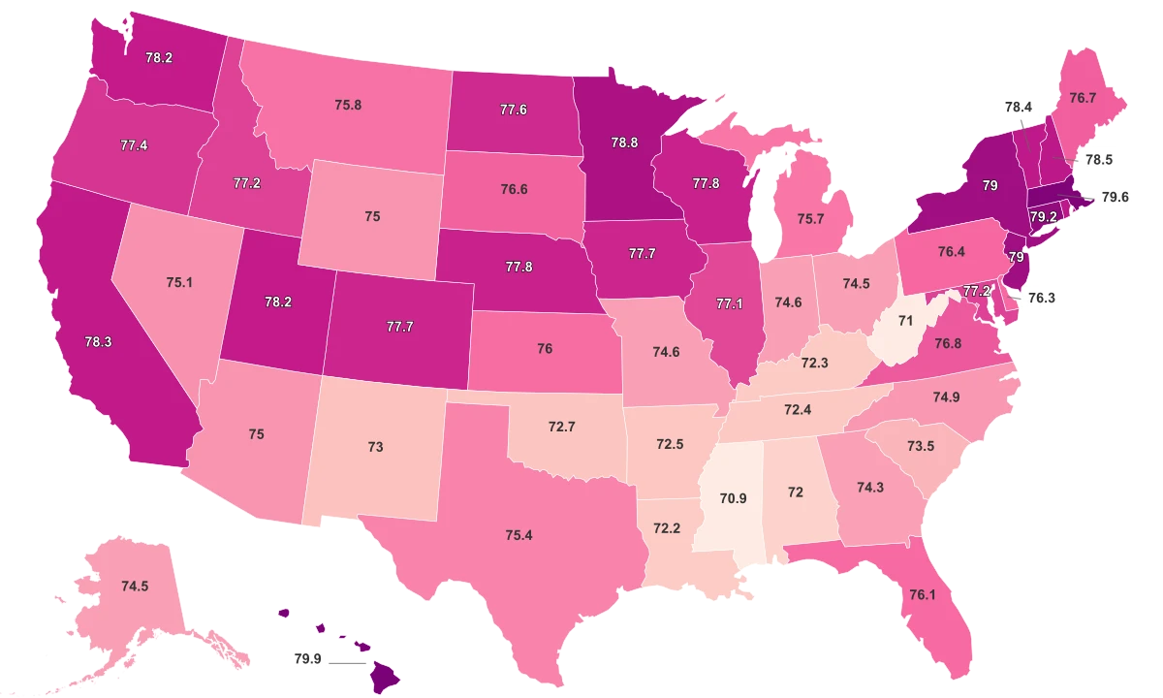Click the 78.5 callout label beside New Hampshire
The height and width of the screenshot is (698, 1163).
pyautogui.click(x=1098, y=159)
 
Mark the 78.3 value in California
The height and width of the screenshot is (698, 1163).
pyautogui.click(x=99, y=342)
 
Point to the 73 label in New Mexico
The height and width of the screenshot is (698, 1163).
pyautogui.click(x=375, y=447)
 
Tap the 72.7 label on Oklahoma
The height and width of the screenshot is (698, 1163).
pyautogui.click(x=562, y=427)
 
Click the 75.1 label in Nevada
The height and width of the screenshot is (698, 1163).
pyautogui.click(x=180, y=282)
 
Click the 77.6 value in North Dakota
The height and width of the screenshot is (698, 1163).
pyautogui.click(x=513, y=110)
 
